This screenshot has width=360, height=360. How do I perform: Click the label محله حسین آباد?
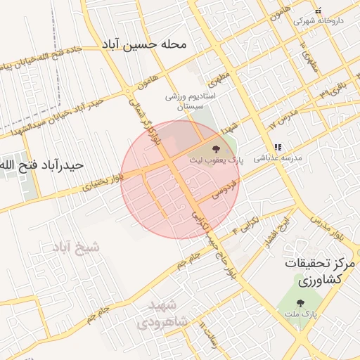(154, 45)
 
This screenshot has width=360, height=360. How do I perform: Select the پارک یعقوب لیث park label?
(215, 160)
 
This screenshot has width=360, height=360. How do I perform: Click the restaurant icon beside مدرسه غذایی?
(278, 147)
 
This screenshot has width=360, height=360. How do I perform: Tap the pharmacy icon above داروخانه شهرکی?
(318, 11)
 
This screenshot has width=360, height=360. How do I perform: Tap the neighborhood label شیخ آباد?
(76, 247)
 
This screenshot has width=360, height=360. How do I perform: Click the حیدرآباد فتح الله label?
(43, 166)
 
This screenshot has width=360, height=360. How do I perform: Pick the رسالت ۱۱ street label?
(205, 333)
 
